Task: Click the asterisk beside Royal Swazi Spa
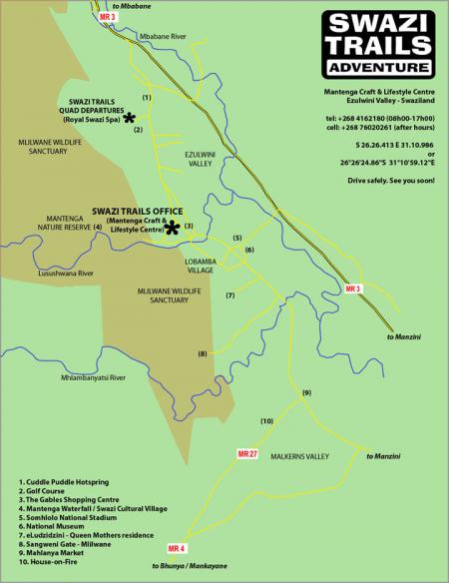pyautogui.click(x=128, y=119)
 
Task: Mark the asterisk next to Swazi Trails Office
pyautogui.click(x=172, y=228)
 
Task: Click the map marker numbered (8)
pyautogui.click(x=202, y=354)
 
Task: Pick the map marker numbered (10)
pyautogui.click(x=266, y=421)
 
